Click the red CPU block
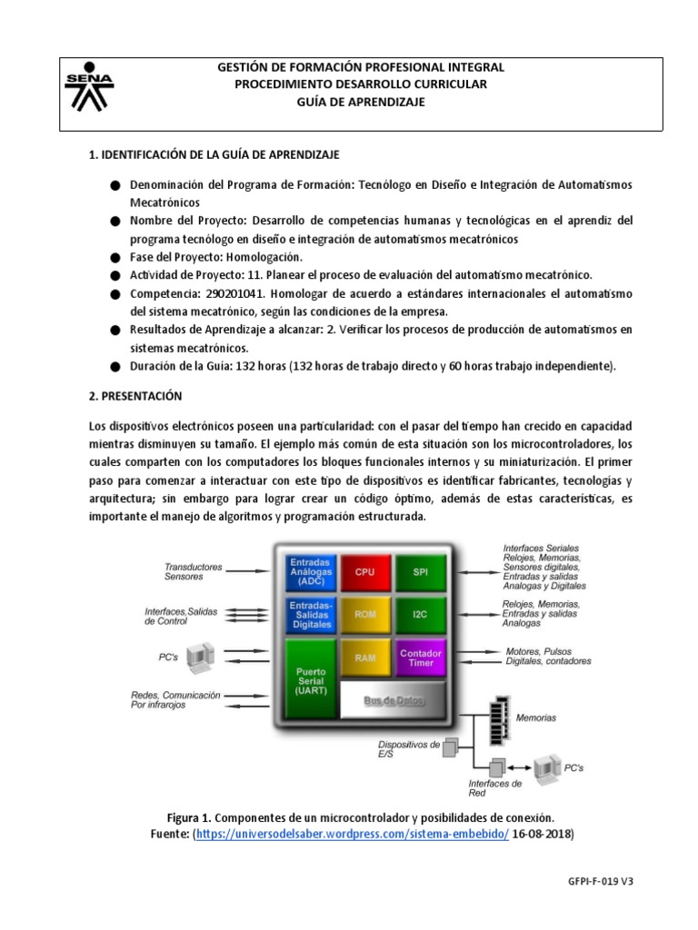pyautogui.click(x=364, y=573)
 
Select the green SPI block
pyautogui.click(x=420, y=573)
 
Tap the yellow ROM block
pyautogui.click(x=364, y=615)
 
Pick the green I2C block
pyautogui.click(x=420, y=615)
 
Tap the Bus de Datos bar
pyautogui.click(x=393, y=700)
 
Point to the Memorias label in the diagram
pyautogui.click(x=537, y=717)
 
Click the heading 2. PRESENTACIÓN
pyautogui.click(x=135, y=396)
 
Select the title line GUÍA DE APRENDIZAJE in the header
pyautogui.click(x=361, y=102)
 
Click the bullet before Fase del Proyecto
pyautogui.click(x=115, y=257)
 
